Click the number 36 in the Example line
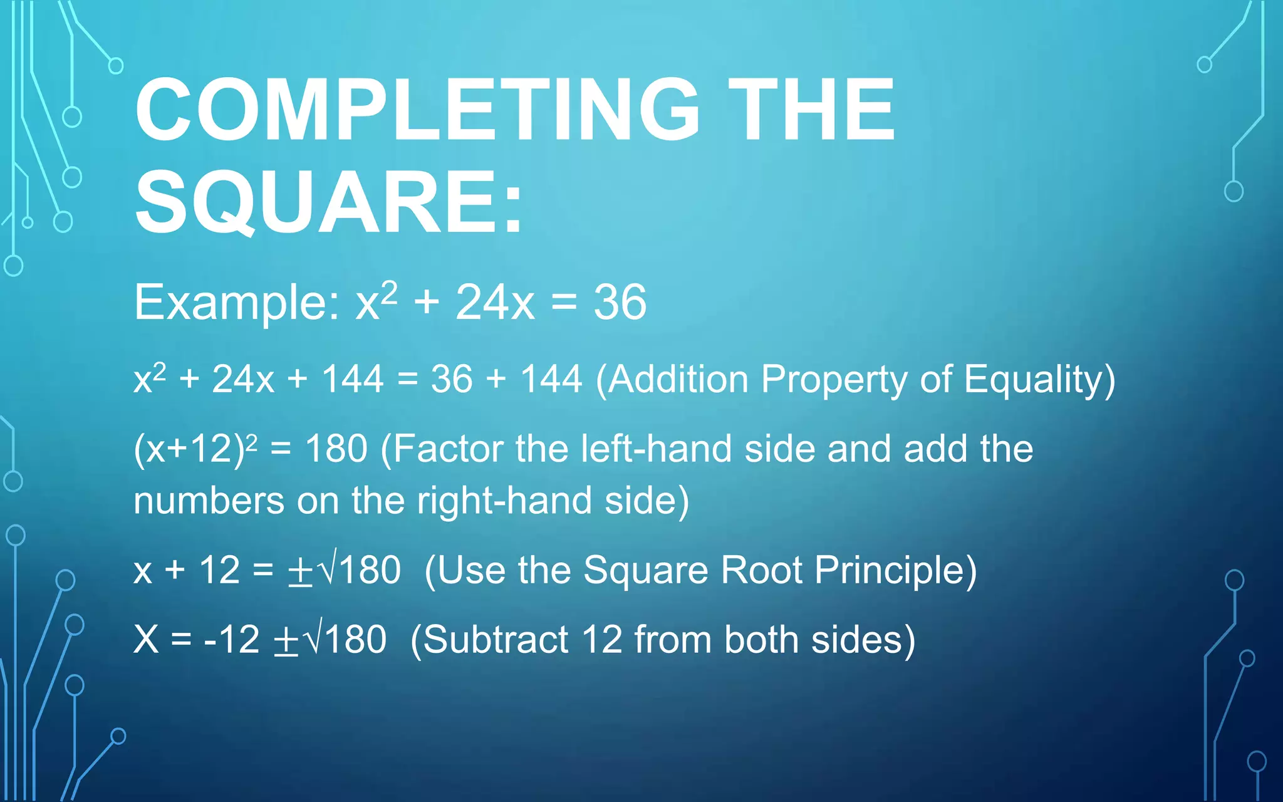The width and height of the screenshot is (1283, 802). pos(620,303)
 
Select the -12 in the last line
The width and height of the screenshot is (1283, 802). pos(231,640)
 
